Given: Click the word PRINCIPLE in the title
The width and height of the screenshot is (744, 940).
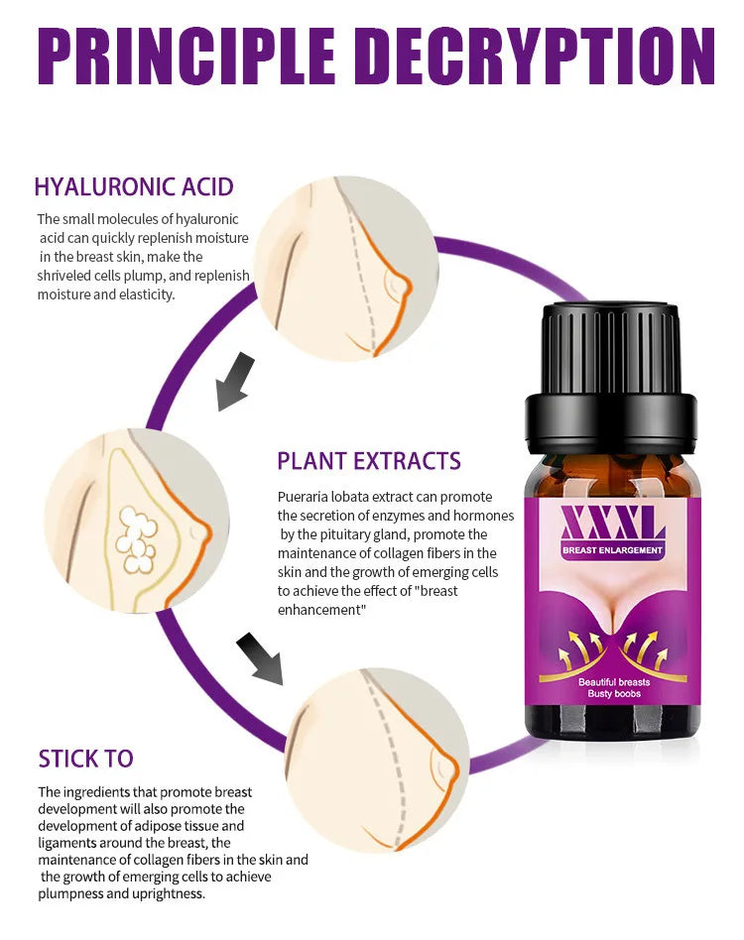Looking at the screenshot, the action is (x=186, y=55).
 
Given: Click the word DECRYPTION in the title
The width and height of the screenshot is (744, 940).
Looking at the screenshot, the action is (x=539, y=55).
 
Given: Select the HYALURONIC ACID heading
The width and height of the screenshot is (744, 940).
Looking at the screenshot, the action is (x=134, y=187).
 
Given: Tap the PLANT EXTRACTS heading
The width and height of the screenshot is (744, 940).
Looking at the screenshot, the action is (x=369, y=461).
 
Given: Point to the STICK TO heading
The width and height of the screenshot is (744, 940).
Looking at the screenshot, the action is (x=85, y=759).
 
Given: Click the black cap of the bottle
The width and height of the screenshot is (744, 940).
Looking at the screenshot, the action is (x=611, y=378).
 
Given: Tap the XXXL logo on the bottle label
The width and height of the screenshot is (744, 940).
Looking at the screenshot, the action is (x=613, y=524).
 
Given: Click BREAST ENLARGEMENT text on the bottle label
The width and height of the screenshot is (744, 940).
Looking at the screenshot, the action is (x=613, y=550).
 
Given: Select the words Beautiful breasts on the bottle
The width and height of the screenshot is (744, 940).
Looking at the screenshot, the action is (x=614, y=682).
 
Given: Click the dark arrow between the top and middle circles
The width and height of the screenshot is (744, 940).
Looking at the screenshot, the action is (x=235, y=382).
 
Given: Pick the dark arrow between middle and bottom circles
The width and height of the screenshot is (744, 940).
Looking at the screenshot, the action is (x=260, y=657).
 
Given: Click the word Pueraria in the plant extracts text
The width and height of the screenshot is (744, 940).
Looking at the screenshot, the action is (x=302, y=497).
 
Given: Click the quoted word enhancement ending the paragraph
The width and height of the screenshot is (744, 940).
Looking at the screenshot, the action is (x=321, y=610).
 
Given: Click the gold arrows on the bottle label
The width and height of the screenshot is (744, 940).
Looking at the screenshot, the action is (x=613, y=649).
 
